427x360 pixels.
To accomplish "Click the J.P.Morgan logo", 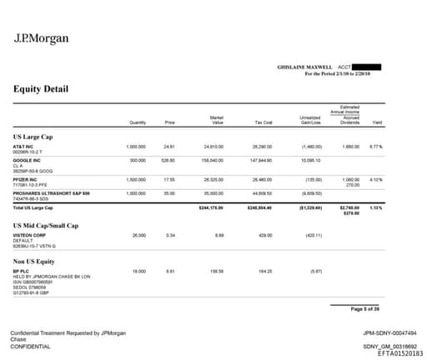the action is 42,37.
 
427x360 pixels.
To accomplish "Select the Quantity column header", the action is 138,122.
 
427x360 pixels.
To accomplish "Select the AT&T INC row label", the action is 23,146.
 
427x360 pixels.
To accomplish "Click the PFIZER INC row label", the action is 26,179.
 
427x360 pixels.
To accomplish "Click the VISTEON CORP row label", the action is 29,235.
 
